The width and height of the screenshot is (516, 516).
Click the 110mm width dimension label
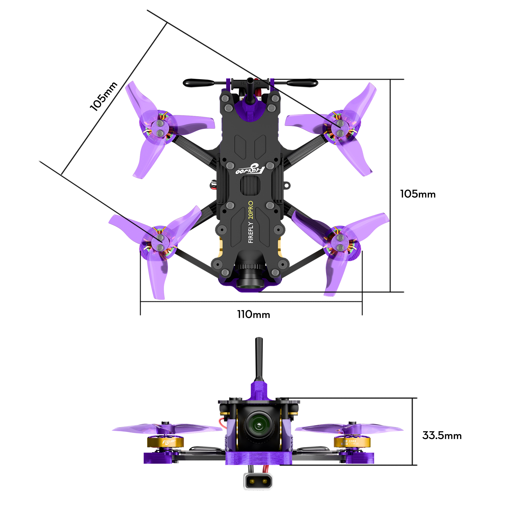pyautogui.click(x=253, y=315)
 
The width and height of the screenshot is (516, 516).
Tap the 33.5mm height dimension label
pyautogui.click(x=442, y=436)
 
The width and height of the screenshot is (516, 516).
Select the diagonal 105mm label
pyautogui.click(x=103, y=96)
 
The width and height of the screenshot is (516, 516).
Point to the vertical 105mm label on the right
pyautogui.click(x=418, y=194)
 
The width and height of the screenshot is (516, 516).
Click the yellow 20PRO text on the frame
pyautogui.click(x=251, y=210)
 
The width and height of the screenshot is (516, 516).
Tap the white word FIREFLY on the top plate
pyautogui.click(x=251, y=232)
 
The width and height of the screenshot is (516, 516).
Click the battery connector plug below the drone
pyautogui.click(x=258, y=481)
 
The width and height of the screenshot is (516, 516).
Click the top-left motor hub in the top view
pyautogui.click(x=160, y=128)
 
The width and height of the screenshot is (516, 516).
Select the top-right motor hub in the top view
pyautogui.click(x=340, y=128)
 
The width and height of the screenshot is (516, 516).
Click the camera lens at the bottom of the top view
pyautogui.click(x=250, y=283)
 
